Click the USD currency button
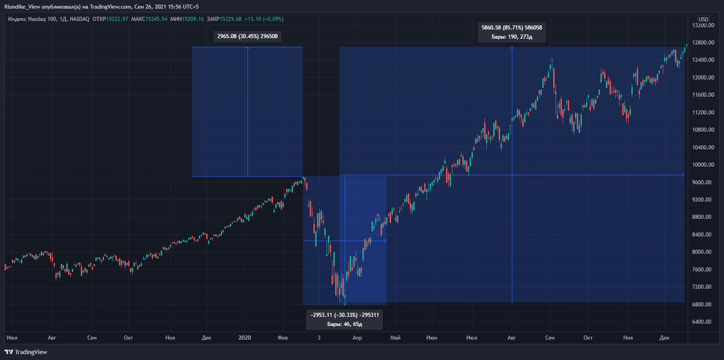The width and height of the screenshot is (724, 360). tap(703, 19)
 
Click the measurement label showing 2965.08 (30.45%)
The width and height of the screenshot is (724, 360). tap(248, 36)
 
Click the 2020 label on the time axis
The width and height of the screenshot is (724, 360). tap(245, 338)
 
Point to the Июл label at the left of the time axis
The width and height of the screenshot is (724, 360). tap(11, 338)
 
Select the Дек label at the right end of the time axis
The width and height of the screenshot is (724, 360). tap(664, 338)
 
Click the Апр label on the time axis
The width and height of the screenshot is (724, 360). tap(357, 338)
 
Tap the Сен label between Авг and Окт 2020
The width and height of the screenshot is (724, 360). tap(550, 338)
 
